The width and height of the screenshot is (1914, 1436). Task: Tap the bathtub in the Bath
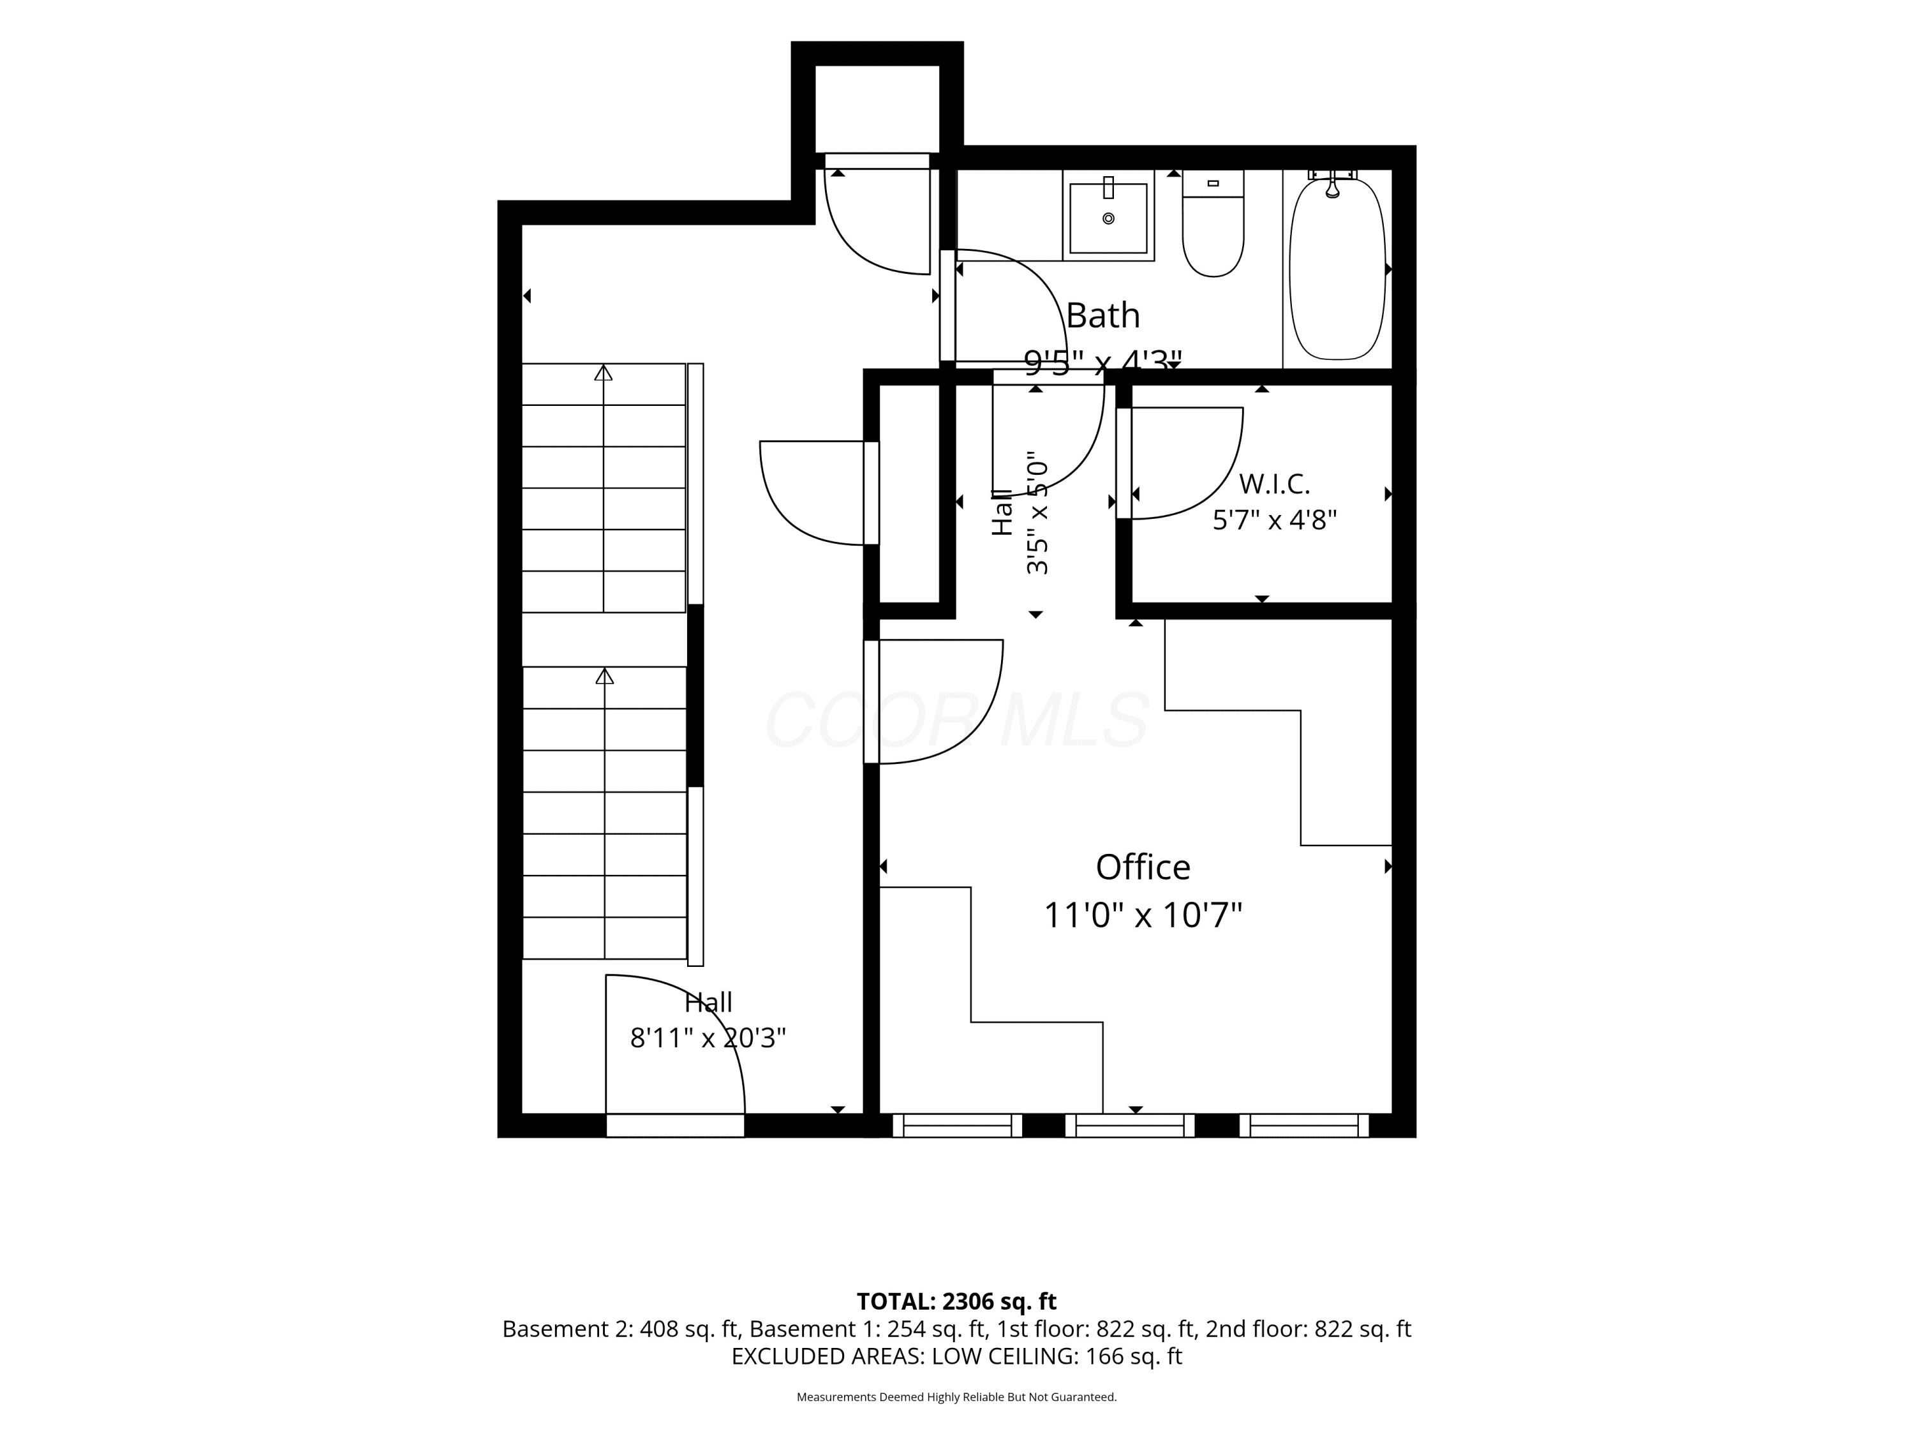click(1338, 268)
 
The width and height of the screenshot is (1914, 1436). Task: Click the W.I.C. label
click(1275, 483)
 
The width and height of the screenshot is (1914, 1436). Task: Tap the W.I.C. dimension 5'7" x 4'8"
click(1275, 520)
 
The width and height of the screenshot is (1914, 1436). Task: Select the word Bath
click(1102, 315)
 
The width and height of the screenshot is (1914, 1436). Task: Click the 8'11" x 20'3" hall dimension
click(708, 1037)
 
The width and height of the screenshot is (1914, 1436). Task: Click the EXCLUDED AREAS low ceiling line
click(956, 1356)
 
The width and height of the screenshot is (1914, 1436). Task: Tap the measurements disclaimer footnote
click(956, 1397)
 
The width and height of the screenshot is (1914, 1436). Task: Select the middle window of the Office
click(1129, 1125)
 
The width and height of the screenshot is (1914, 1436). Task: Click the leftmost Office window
click(957, 1125)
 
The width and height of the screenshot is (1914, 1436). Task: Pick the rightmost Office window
click(1304, 1125)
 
